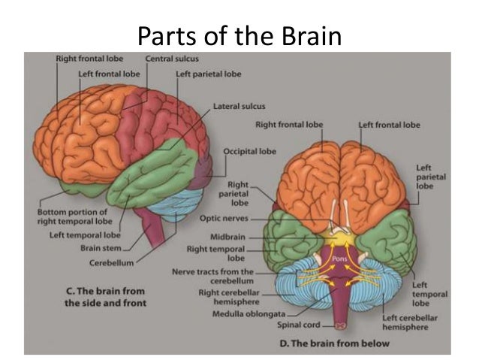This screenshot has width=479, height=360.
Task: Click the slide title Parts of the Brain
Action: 239,35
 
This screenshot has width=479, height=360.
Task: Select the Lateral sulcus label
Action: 239,106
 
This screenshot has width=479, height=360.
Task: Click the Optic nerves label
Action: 230,219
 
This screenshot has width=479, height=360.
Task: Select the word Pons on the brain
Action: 342,256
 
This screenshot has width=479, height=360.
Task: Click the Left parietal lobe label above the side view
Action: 207,74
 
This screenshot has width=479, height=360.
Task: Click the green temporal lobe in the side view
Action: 150,180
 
